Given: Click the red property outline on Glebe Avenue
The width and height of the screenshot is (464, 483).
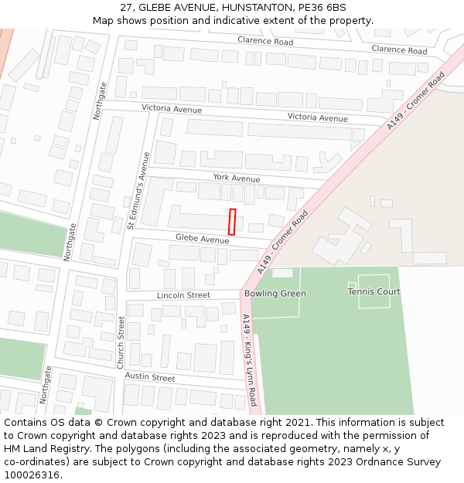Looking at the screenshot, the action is [x=232, y=222].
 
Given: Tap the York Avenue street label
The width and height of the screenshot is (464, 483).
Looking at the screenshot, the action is [x=237, y=178].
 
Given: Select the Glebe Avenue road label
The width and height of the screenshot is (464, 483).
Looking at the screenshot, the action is [x=202, y=239].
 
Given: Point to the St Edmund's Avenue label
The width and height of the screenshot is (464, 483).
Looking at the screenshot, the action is [x=139, y=190].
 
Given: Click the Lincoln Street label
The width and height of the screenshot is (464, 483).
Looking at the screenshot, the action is [x=183, y=295].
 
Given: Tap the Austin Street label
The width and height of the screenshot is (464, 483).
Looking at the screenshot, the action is [x=150, y=377].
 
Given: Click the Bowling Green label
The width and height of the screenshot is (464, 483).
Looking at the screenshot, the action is [x=275, y=294].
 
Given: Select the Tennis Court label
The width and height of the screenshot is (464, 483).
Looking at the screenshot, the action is [x=374, y=292].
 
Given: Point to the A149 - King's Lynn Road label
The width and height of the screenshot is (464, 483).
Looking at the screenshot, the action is [x=249, y=360].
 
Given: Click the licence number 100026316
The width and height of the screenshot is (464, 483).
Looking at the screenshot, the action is [x=32, y=475].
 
